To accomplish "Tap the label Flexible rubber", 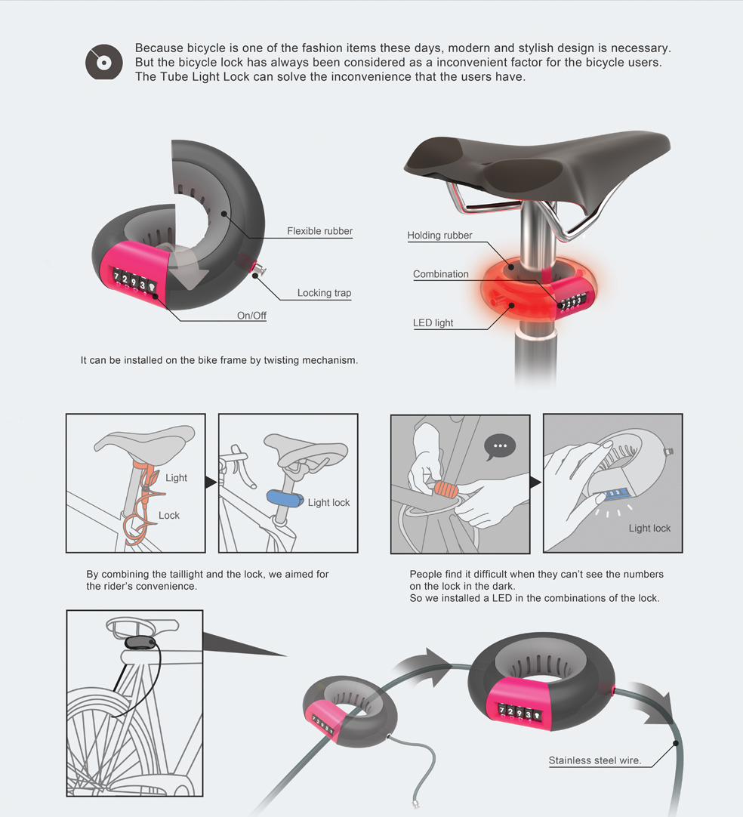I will pyautogui.click(x=319, y=231).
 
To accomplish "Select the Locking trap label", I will pyautogui.click(x=324, y=293).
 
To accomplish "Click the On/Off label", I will pyautogui.click(x=251, y=316).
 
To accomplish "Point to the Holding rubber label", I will pyautogui.click(x=439, y=236).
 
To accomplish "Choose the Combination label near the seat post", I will pyautogui.click(x=441, y=274).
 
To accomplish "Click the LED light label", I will pyautogui.click(x=433, y=322).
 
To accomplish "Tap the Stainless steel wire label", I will pyautogui.click(x=595, y=760).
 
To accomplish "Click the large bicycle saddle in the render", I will pyautogui.click(x=536, y=162).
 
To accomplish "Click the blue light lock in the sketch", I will pyautogui.click(x=285, y=499).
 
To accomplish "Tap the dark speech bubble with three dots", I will pyautogui.click(x=499, y=446).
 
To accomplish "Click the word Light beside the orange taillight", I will pyautogui.click(x=176, y=477).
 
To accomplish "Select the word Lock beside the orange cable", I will pyautogui.click(x=169, y=515).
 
